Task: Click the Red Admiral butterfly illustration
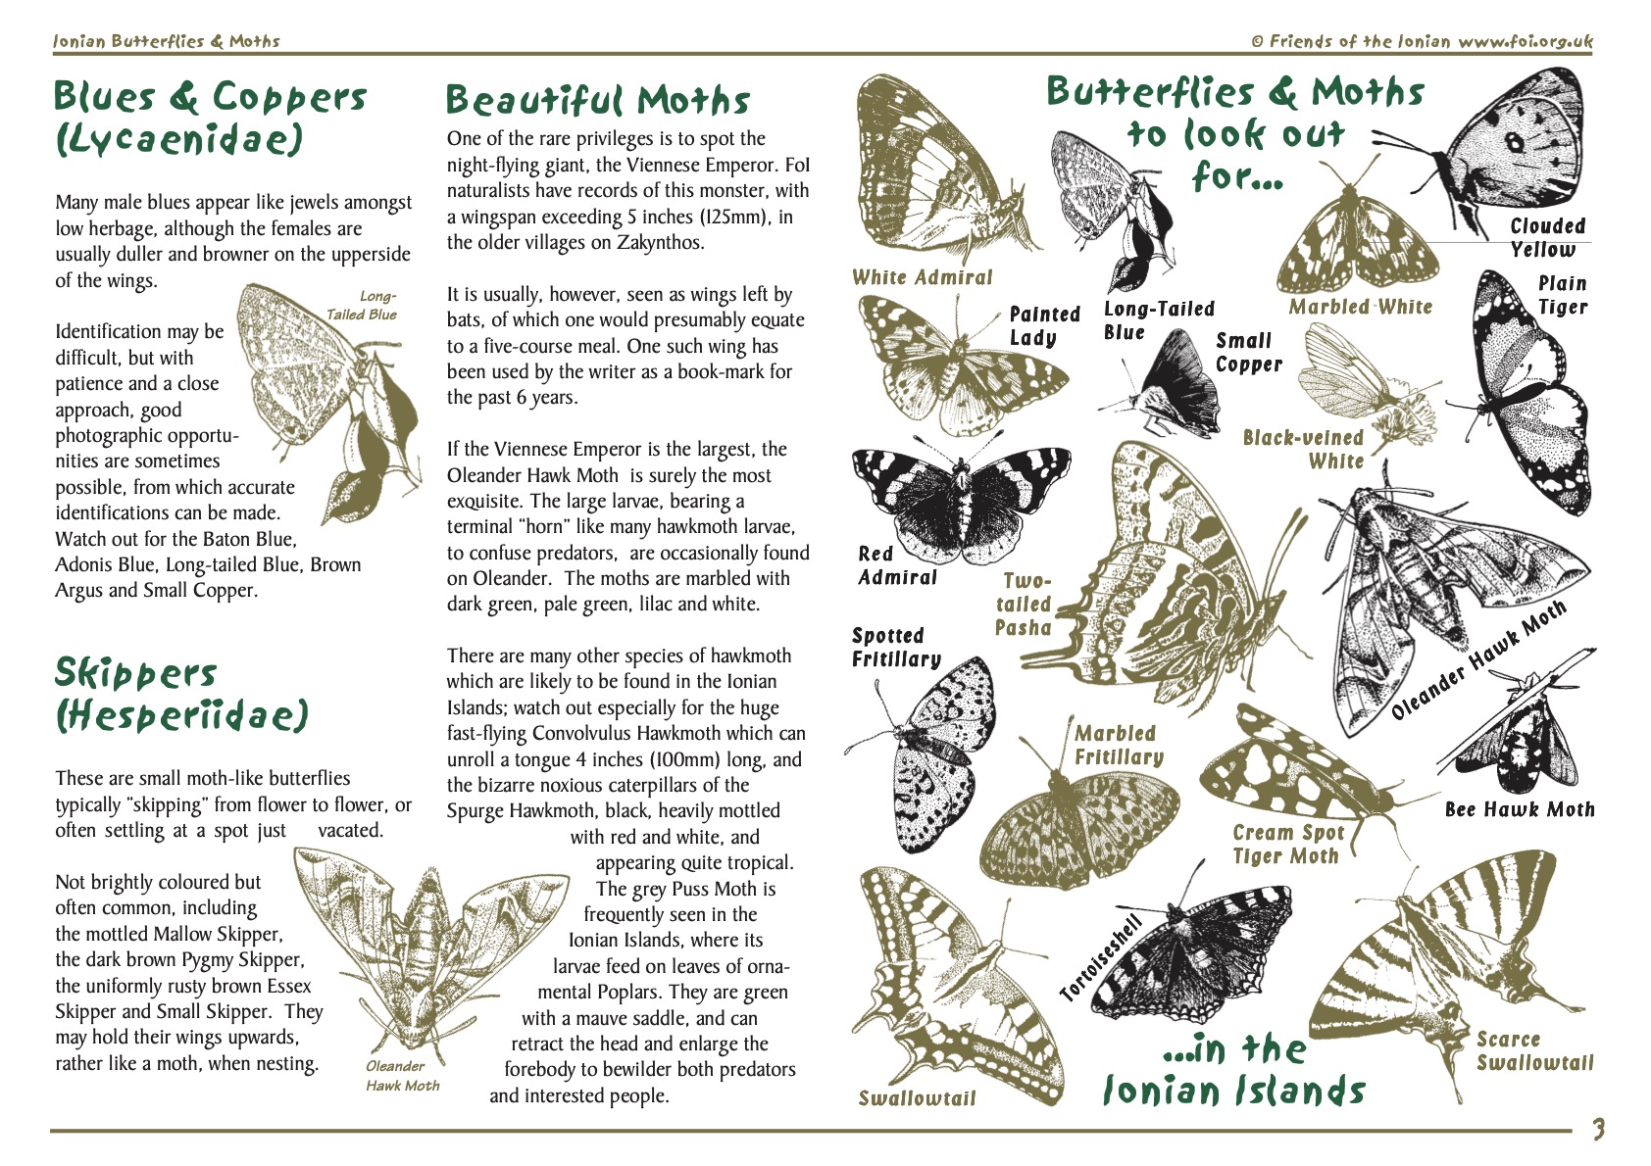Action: point(959,500)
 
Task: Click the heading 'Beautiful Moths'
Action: point(597,100)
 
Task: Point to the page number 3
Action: point(1597,1130)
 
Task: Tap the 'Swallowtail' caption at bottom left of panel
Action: point(917,1098)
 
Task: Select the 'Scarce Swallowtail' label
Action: point(1534,1051)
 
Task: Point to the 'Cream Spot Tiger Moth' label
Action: point(1285,845)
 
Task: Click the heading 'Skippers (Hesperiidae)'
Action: point(181,695)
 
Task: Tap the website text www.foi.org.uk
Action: point(1525,41)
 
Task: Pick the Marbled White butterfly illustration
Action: point(1358,240)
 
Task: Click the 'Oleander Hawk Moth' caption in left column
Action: point(402,1076)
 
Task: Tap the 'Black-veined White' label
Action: point(1303,450)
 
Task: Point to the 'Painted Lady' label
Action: point(1043,326)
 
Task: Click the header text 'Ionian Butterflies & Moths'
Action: point(167,41)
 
